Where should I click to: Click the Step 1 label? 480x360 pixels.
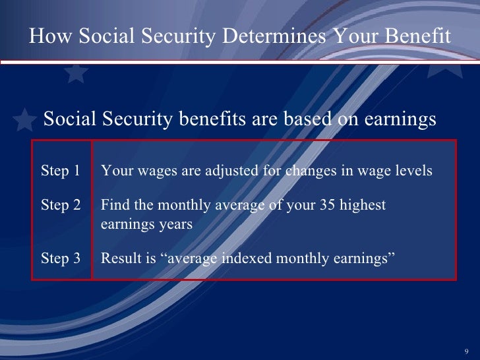pyautogui.click(x=61, y=171)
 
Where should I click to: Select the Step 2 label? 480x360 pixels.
pyautogui.click(x=61, y=206)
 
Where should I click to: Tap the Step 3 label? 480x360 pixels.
pyautogui.click(x=61, y=258)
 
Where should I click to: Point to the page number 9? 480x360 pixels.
pyautogui.click(x=467, y=350)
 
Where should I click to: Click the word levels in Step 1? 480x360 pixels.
pyautogui.click(x=413, y=171)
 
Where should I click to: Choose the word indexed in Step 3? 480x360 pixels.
pyautogui.click(x=235, y=258)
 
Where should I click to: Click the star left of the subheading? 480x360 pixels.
pyautogui.click(x=24, y=119)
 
